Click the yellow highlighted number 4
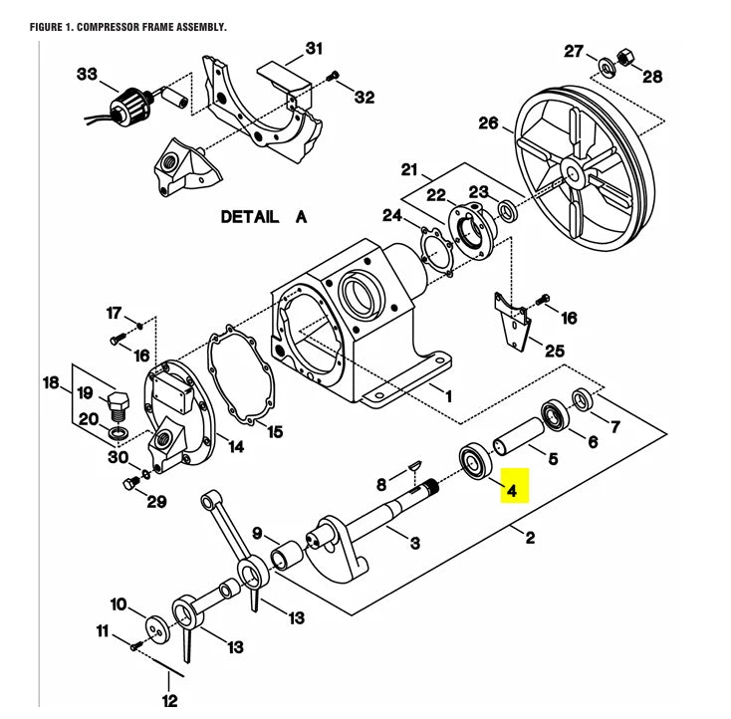[512, 490]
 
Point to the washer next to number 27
[606, 68]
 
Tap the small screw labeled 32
[335, 76]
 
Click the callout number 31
[314, 48]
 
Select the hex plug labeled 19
[115, 404]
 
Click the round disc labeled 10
[156, 627]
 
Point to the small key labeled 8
[416, 466]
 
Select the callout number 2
[530, 539]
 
